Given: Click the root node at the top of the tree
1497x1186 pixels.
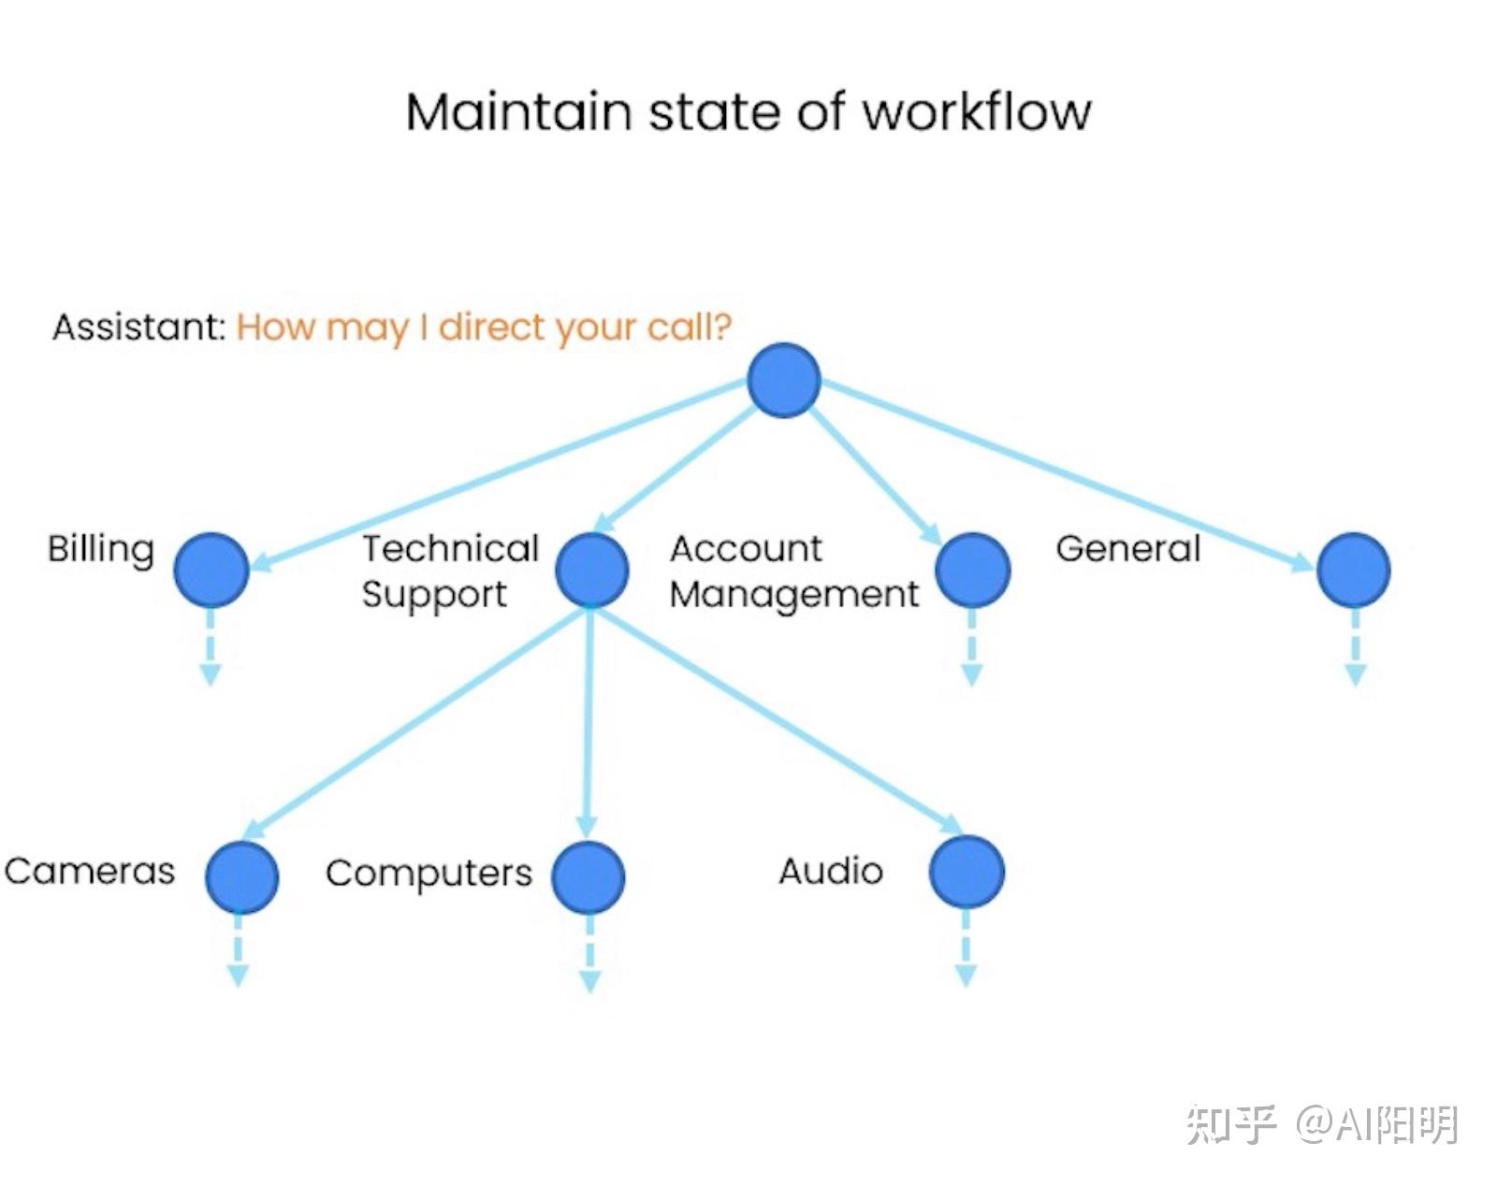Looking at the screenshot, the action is (x=784, y=380).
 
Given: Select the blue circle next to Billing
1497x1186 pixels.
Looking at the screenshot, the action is (x=211, y=570).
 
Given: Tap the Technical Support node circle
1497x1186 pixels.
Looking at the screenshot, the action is (x=592, y=570).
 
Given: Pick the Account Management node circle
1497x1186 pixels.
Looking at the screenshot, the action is (x=972, y=570).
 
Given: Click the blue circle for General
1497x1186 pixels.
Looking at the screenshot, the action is (x=1354, y=570).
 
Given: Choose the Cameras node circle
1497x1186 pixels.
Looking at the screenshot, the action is (x=242, y=876).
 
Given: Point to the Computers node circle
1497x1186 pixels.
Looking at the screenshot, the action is (x=589, y=877).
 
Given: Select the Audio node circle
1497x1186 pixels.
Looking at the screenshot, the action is (x=967, y=872).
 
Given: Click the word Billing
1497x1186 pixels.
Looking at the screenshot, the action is (x=101, y=551).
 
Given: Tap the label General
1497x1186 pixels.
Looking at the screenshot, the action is (x=1128, y=548).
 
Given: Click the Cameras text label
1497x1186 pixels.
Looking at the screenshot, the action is (x=90, y=871).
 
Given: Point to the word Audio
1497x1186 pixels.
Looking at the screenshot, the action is (x=831, y=871).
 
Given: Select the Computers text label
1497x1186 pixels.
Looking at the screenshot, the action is (x=429, y=875).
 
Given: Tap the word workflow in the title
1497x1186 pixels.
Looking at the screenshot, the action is (x=978, y=112).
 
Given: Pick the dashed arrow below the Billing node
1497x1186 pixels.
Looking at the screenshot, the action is (x=211, y=647).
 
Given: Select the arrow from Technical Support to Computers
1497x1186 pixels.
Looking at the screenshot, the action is (x=589, y=723).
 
